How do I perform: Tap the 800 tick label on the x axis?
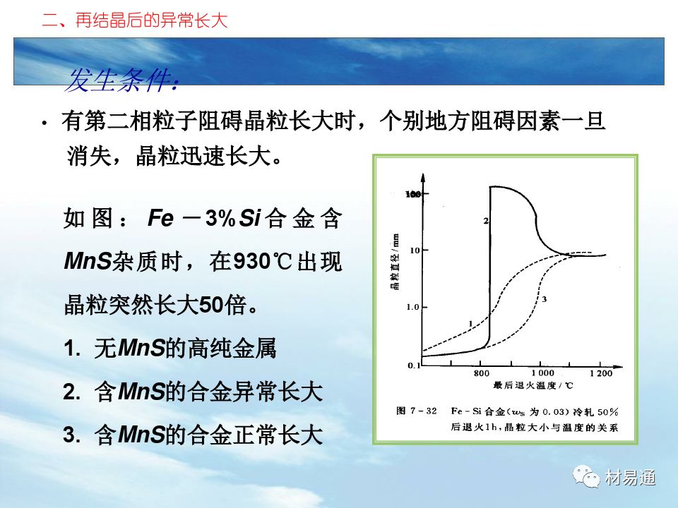coord(481,373)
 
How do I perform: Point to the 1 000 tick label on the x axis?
coord(542,373)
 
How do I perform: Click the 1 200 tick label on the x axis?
coord(601,373)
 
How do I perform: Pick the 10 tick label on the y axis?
coord(415,250)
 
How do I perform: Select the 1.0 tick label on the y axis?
coord(413,307)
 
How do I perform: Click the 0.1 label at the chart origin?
coord(414,365)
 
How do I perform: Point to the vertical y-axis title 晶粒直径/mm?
coord(395,262)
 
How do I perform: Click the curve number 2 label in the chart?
coord(486,221)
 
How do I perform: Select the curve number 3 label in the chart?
coord(544,299)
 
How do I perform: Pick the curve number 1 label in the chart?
coord(470,324)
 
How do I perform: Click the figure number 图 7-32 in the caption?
coord(417,411)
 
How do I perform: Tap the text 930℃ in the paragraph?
coord(263,261)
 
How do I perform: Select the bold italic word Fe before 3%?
coord(160,218)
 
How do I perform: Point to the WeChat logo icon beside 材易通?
coord(586,476)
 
